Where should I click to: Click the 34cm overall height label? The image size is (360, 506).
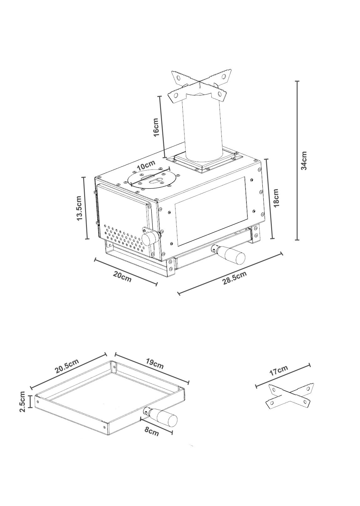tap(304, 160)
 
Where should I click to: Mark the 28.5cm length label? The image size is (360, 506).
tap(235, 278)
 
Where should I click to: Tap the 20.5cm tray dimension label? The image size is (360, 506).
tap(67, 367)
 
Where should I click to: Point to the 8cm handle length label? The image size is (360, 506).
tap(152, 432)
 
